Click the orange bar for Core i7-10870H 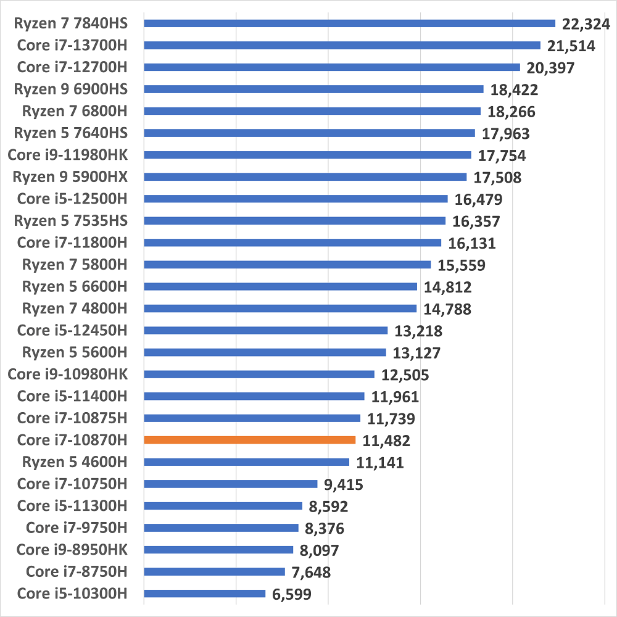pyautogui.click(x=249, y=440)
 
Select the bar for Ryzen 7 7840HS pyautogui.click(x=349, y=23)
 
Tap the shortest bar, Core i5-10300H pyautogui.click(x=204, y=594)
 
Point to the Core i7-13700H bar pyautogui.click(x=342, y=45)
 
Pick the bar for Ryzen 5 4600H pyautogui.click(x=246, y=462)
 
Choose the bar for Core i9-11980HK pyautogui.click(x=307, y=155)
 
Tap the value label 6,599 pyautogui.click(x=291, y=594)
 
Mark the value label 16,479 pyautogui.click(x=478, y=199)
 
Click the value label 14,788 pyautogui.click(x=447, y=308)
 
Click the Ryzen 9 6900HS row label pyautogui.click(x=70, y=89)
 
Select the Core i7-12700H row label pyautogui.click(x=72, y=67)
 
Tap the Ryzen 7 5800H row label pyautogui.click(x=75, y=265)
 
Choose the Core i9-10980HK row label pyautogui.click(x=67, y=374)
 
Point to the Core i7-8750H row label pyautogui.click(x=72, y=571)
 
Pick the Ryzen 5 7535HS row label pyautogui.click(x=70, y=220)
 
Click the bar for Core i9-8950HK pyautogui.click(x=218, y=550)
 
